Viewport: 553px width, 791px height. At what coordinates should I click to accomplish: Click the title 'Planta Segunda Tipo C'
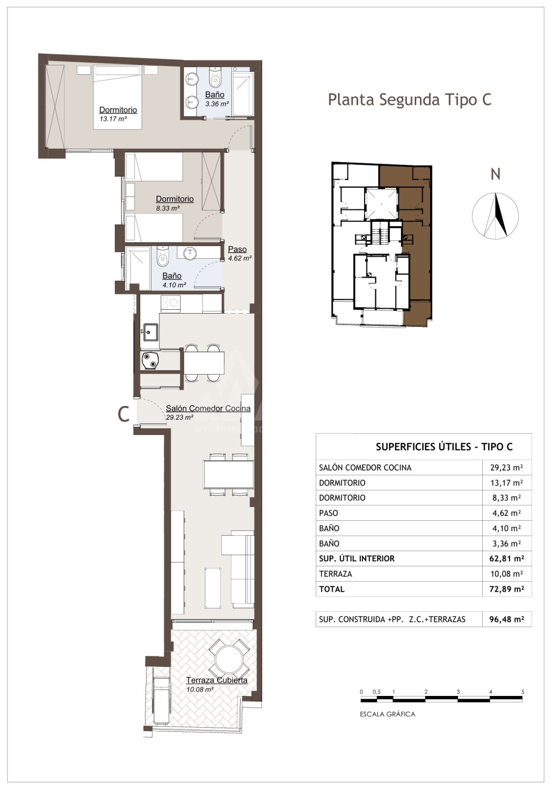410,100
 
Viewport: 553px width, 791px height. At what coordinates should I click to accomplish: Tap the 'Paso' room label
237,249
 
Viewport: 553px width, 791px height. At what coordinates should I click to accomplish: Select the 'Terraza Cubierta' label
217,680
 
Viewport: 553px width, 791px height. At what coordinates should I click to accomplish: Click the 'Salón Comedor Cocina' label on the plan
208,408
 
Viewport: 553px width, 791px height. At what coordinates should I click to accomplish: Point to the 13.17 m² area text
113,119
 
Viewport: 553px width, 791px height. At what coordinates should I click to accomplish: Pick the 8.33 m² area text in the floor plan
168,208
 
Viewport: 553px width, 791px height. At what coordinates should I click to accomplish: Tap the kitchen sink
151,332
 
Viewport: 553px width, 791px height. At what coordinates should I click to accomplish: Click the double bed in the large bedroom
118,97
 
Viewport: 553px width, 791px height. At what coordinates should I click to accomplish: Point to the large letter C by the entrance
124,414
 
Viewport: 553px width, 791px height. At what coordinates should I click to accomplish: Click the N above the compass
496,175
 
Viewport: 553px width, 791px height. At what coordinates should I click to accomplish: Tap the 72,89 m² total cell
507,589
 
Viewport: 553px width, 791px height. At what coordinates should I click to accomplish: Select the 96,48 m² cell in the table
507,619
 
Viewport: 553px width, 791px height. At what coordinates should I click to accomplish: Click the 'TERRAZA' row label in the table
336,574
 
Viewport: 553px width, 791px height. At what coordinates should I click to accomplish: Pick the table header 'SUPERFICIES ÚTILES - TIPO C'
444,447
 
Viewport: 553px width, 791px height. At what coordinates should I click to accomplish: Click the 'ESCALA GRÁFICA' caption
387,714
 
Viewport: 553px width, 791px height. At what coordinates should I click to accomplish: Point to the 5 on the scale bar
523,692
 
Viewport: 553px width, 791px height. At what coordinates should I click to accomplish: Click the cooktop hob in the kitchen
171,303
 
